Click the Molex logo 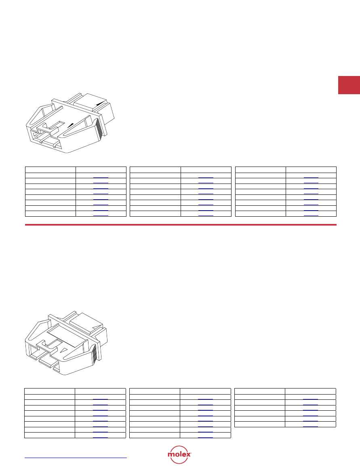point(179,454)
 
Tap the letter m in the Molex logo point(171,455)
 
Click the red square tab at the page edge point(349,85)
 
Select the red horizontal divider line point(181,225)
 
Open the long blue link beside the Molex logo point(76,458)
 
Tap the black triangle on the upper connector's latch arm point(70,125)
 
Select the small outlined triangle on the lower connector point(64,350)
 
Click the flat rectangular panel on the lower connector point(66,336)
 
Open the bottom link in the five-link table point(310,426)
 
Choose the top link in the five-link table point(310,399)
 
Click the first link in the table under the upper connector point(101,177)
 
